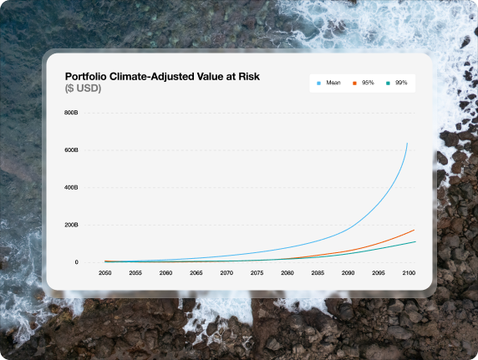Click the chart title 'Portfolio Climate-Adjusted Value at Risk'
(x=162, y=77)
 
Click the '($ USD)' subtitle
(x=83, y=88)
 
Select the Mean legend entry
(x=328, y=83)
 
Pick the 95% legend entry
(x=364, y=83)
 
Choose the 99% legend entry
(x=397, y=83)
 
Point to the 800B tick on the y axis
(x=71, y=113)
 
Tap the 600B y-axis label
(x=71, y=150)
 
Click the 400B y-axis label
(x=71, y=187)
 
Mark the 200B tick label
(x=71, y=225)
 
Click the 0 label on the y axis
(x=77, y=262)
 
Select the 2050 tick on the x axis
(x=104, y=273)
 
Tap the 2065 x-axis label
(x=196, y=273)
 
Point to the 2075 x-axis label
(x=257, y=273)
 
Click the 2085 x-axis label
(x=318, y=273)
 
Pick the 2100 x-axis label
(x=409, y=273)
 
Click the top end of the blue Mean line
(x=407, y=143)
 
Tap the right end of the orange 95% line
(x=414, y=231)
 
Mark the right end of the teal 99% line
(x=415, y=241)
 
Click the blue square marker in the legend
(x=319, y=84)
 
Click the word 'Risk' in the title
(x=249, y=77)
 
